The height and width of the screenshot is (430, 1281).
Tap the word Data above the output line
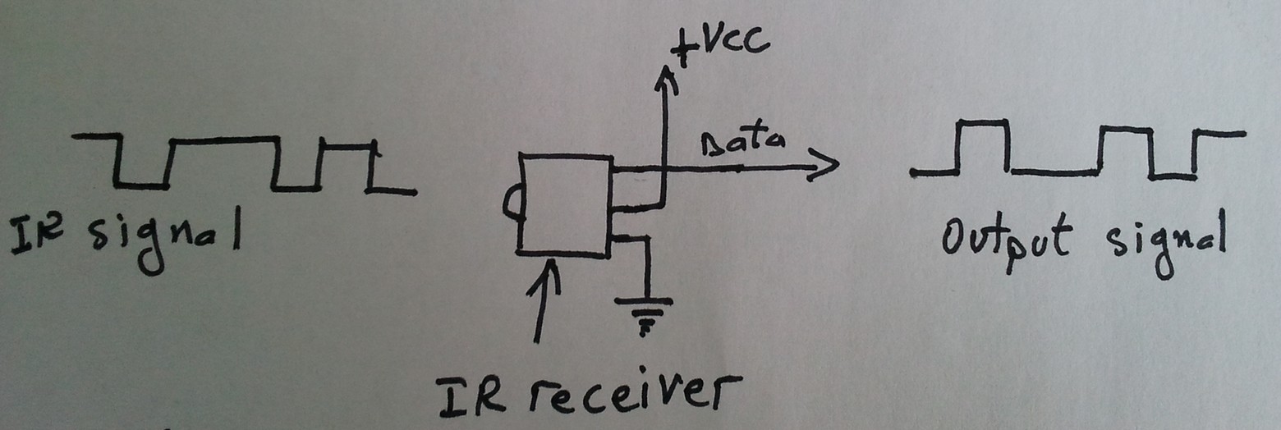[x=743, y=143]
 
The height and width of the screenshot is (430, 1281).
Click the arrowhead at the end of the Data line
[x=824, y=166]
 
